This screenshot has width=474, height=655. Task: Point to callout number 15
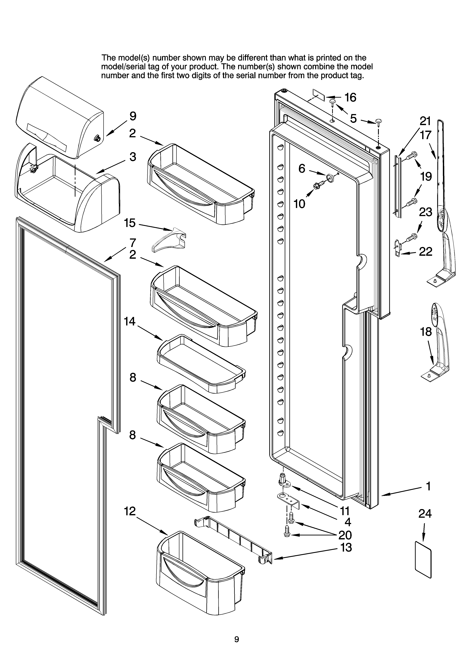pyautogui.click(x=130, y=223)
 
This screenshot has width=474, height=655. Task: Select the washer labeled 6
pyautogui.click(x=329, y=177)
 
